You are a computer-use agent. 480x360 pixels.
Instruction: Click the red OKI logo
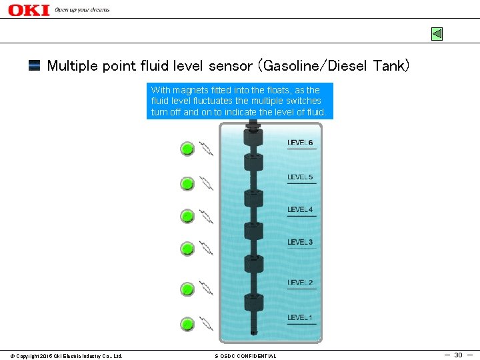tap(29, 9)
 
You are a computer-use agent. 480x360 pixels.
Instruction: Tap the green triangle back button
tap(437, 33)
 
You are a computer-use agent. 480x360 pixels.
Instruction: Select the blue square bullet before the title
tap(34, 65)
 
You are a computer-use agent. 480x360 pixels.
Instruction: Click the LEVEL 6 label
tap(300, 143)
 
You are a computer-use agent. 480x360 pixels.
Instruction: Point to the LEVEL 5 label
tap(300, 177)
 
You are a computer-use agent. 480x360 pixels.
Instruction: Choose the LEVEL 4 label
tap(300, 210)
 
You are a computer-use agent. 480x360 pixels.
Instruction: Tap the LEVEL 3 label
tap(300, 242)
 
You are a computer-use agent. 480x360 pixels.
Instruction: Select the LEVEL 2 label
tap(300, 283)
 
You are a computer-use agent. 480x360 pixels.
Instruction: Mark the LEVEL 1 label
tap(300, 317)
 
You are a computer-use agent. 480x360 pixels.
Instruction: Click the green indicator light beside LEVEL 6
tap(187, 149)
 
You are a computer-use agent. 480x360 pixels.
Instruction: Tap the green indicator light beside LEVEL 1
tap(187, 325)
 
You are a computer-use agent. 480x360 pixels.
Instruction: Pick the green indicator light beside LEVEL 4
tap(187, 216)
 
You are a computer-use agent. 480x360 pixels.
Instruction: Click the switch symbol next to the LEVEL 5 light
tap(206, 183)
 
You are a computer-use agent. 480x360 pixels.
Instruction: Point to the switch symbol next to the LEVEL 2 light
tap(206, 289)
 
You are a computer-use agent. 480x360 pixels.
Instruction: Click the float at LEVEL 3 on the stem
tap(253, 231)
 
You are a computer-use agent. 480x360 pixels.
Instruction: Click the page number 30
tap(458, 355)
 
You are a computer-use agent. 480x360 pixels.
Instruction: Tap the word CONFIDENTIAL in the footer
tap(257, 356)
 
